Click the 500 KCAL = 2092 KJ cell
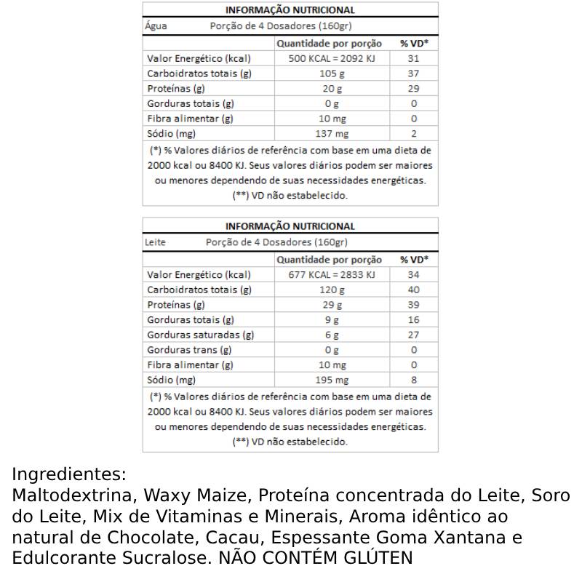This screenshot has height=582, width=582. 332,59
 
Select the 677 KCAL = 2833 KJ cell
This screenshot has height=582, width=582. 332,275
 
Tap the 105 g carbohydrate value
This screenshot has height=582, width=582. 332,73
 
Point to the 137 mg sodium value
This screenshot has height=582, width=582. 332,134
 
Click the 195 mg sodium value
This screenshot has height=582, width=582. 332,380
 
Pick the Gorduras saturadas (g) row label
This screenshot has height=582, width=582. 200,335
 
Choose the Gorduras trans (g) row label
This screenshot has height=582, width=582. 189,350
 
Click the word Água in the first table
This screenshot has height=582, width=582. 156,26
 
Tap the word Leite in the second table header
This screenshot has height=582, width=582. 155,242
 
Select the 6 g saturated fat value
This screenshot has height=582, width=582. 332,335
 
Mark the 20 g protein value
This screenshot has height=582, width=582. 332,89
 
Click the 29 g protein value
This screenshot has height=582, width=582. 332,305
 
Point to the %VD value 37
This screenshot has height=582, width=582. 414,73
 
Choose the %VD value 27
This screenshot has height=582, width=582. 414,335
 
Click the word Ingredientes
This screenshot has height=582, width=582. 69,475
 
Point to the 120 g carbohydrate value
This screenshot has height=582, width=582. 332,290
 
